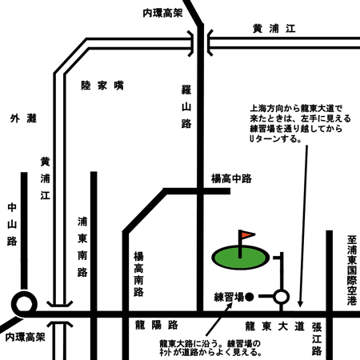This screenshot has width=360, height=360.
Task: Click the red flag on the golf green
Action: click(x=247, y=234)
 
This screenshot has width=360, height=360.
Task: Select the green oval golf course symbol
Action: click(x=240, y=258)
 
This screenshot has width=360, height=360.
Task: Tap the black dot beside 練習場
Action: click(x=249, y=297)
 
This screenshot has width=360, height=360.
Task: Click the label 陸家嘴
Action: click(x=102, y=86)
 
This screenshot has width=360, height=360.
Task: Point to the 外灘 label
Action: click(x=23, y=118)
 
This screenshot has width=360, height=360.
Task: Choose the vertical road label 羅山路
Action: click(x=186, y=106)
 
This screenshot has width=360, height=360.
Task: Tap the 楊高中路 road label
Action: click(x=231, y=178)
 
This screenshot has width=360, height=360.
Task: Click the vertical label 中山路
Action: click(x=12, y=224)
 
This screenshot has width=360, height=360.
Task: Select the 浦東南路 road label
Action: click(x=82, y=247)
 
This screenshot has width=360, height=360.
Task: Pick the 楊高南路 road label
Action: click(x=138, y=274)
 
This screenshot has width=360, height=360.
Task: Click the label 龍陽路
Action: click(x=157, y=326)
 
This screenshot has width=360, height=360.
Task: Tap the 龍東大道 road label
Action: click(x=274, y=326)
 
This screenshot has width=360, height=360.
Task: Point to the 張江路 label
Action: click(x=317, y=339)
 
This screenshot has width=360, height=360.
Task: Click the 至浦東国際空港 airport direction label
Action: click(x=352, y=270)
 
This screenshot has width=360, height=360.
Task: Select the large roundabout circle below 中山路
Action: click(x=24, y=305)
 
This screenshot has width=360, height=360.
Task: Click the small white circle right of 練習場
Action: click(x=281, y=297)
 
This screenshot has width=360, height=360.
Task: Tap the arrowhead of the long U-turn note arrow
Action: click(x=300, y=304)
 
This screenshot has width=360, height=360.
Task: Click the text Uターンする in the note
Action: click(x=275, y=139)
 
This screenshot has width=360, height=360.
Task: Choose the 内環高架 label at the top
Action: click(x=162, y=13)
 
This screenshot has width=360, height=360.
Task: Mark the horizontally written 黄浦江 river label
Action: click(x=274, y=29)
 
